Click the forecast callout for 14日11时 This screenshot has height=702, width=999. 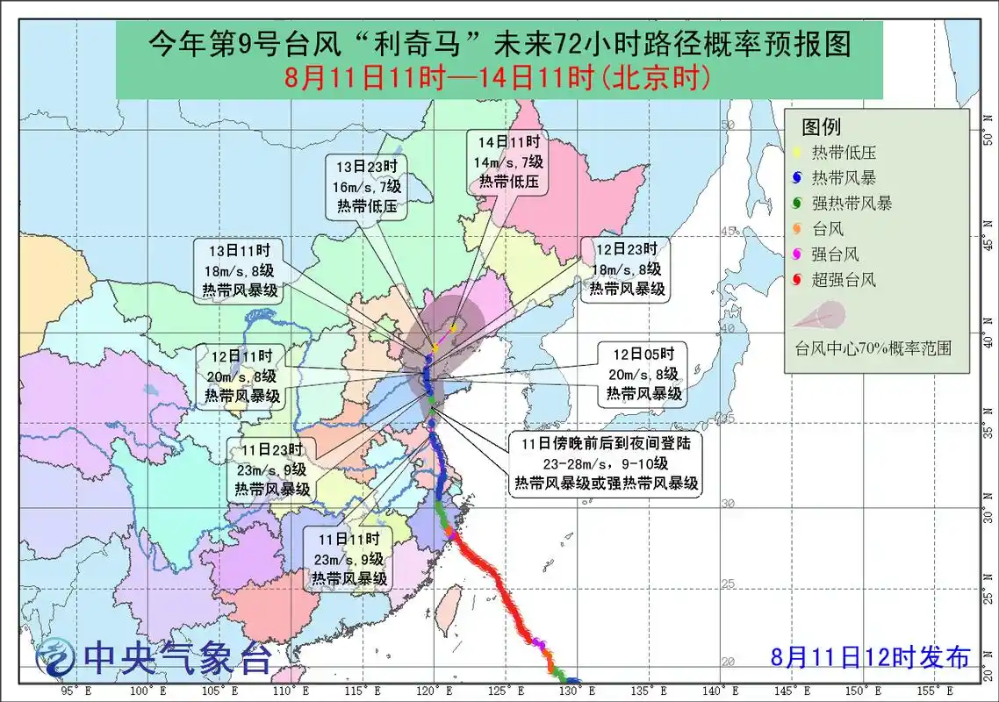510,162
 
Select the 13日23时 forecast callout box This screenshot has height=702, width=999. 368,187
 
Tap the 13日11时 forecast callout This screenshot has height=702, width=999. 239,270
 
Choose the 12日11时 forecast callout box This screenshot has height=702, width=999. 243,376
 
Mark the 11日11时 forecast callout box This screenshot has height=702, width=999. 349,558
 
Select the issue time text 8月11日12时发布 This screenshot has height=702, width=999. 871,656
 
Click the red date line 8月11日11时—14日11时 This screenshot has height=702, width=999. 497,78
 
